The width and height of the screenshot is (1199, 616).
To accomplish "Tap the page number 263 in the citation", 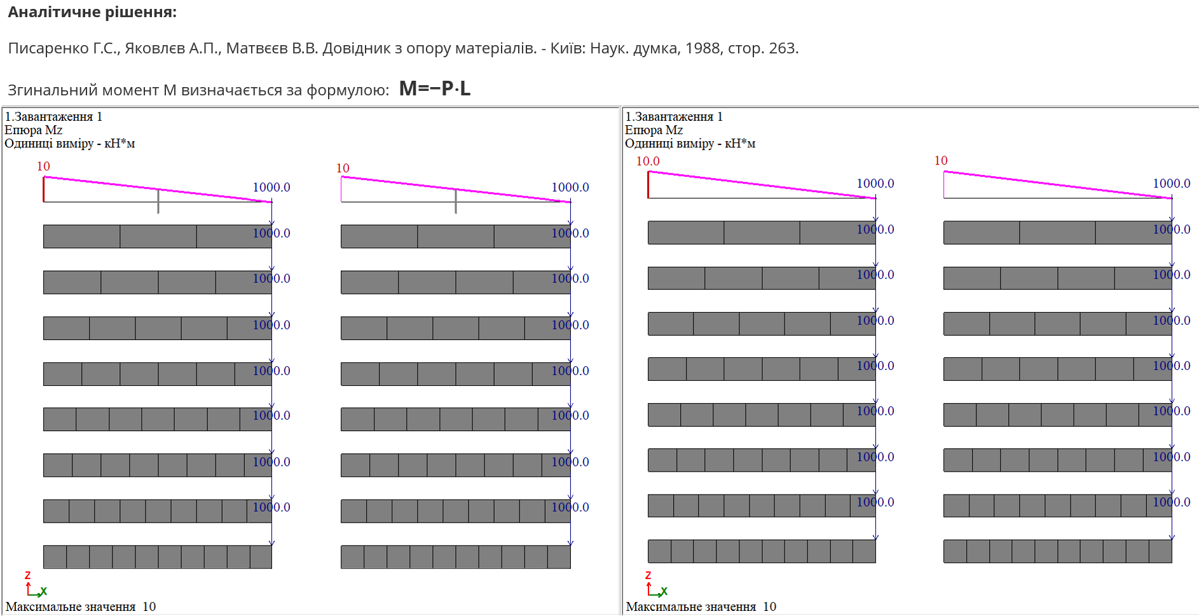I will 782,48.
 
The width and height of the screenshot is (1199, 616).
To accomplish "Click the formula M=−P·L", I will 435,88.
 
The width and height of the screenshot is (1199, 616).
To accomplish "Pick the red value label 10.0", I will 648,161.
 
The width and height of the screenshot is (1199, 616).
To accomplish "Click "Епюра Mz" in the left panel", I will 33,130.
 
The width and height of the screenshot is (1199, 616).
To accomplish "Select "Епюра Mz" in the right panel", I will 654,130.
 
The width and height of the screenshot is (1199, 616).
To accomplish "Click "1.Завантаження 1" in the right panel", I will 674,116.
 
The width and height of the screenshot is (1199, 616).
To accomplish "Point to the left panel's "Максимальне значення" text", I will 71,606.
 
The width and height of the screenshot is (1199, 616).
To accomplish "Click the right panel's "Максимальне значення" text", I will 691,606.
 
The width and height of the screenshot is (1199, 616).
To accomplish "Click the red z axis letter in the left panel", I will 27,575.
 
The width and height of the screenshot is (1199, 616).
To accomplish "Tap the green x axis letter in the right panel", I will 664,591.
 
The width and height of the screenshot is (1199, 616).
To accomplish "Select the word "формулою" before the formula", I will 347,90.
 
